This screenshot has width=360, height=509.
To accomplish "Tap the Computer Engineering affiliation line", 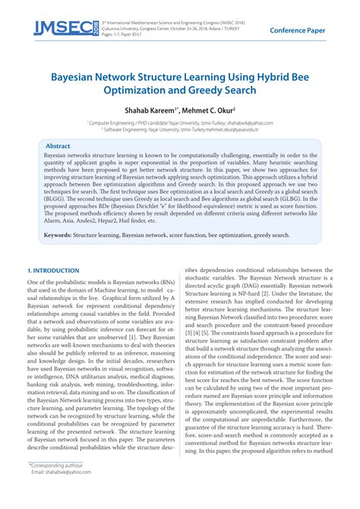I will point(180,121).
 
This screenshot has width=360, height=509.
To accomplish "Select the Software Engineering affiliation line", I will point(180,128).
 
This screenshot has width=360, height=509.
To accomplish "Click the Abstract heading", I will point(58,145).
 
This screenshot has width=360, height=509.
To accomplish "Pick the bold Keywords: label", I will point(58,236).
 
